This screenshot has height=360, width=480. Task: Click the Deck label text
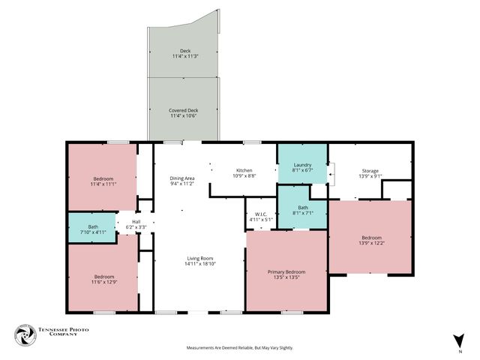pyautogui.click(x=185, y=52)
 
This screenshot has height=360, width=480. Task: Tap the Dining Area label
pyautogui.click(x=182, y=178)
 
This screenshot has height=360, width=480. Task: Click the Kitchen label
pyautogui.click(x=245, y=170)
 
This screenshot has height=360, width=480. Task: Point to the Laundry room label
pyautogui.click(x=302, y=165)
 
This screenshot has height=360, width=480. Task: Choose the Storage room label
pyautogui.click(x=370, y=170)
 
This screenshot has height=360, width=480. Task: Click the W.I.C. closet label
pyautogui.click(x=261, y=214)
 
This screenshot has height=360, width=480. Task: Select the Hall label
pyautogui.click(x=136, y=221)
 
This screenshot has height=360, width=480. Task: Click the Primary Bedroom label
pyautogui.click(x=286, y=271)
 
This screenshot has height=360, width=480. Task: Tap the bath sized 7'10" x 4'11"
pyautogui.click(x=92, y=229)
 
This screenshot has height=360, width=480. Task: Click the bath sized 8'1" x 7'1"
pyautogui.click(x=302, y=210)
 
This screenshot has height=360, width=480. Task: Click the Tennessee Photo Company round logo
pyautogui.click(x=25, y=336)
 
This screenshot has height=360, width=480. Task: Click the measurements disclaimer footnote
pyautogui.click(x=239, y=348)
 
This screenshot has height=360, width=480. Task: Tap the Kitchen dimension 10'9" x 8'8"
pyautogui.click(x=245, y=175)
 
